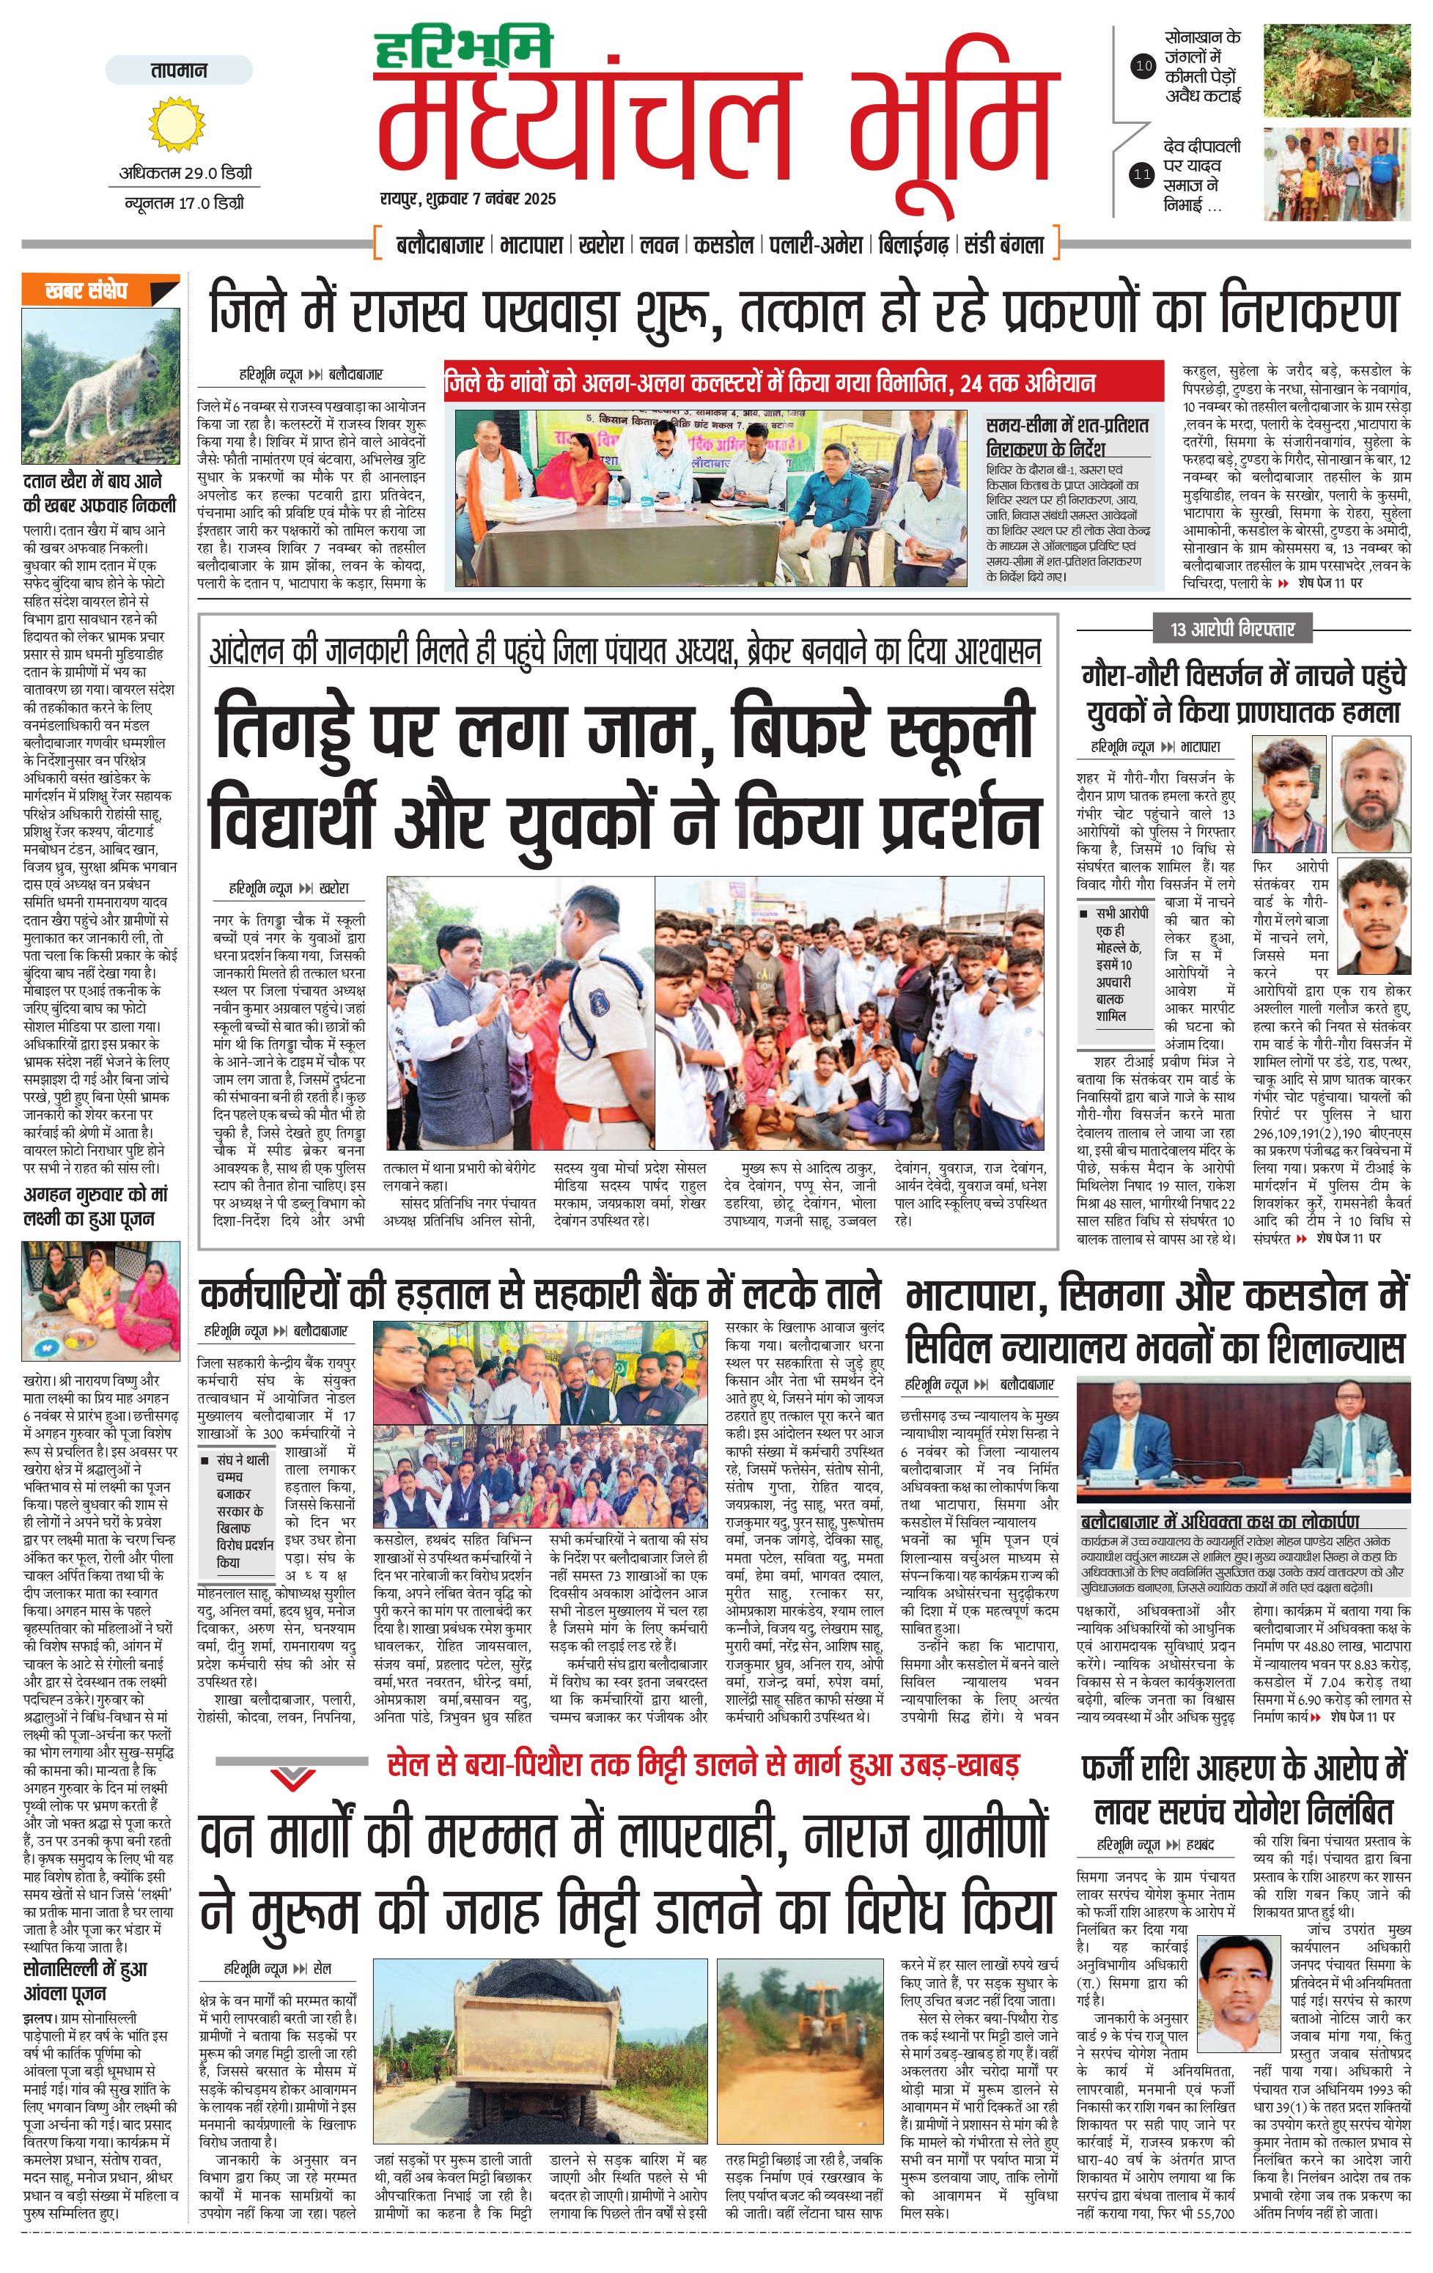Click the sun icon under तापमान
pos(177,125)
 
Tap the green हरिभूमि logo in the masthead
pos(463,49)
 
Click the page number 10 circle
pos(1143,66)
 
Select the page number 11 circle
pos(1143,174)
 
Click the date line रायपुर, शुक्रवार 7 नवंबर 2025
pos(468,199)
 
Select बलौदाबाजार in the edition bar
pos(440,246)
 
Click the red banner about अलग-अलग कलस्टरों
pos(803,383)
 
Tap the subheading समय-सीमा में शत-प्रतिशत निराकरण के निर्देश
pos(1067,436)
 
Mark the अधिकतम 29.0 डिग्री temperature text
pos(185,174)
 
